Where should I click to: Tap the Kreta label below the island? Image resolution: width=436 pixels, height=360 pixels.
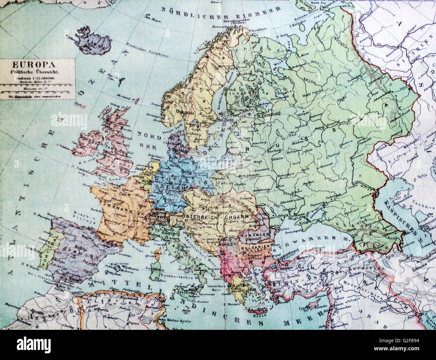258,315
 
